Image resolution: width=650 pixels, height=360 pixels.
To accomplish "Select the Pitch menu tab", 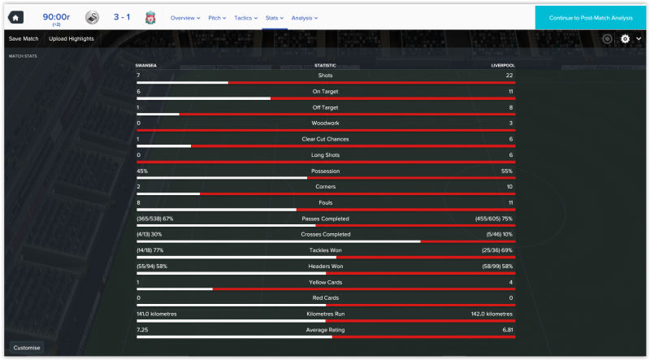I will (x=217, y=17).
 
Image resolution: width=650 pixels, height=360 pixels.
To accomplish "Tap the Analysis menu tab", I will (x=304, y=17).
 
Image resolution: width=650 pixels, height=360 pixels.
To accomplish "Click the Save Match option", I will (x=24, y=38).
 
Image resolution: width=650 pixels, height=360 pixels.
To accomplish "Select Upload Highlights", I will (x=71, y=38).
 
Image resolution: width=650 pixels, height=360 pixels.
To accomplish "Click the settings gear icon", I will (x=625, y=38).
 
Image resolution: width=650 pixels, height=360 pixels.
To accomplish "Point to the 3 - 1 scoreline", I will (x=122, y=17).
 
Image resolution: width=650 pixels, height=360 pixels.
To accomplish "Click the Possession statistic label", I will (x=325, y=171).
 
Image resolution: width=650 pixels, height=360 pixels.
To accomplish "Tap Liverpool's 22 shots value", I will (x=509, y=76).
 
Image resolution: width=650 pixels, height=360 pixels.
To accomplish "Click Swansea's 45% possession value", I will (x=142, y=171).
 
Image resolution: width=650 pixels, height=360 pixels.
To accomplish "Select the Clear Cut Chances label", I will (x=325, y=139).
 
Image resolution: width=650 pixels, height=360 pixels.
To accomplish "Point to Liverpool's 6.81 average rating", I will (x=507, y=330).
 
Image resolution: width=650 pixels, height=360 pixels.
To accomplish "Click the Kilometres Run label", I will (x=325, y=314).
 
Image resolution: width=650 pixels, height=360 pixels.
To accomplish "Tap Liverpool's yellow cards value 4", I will (x=510, y=283).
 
